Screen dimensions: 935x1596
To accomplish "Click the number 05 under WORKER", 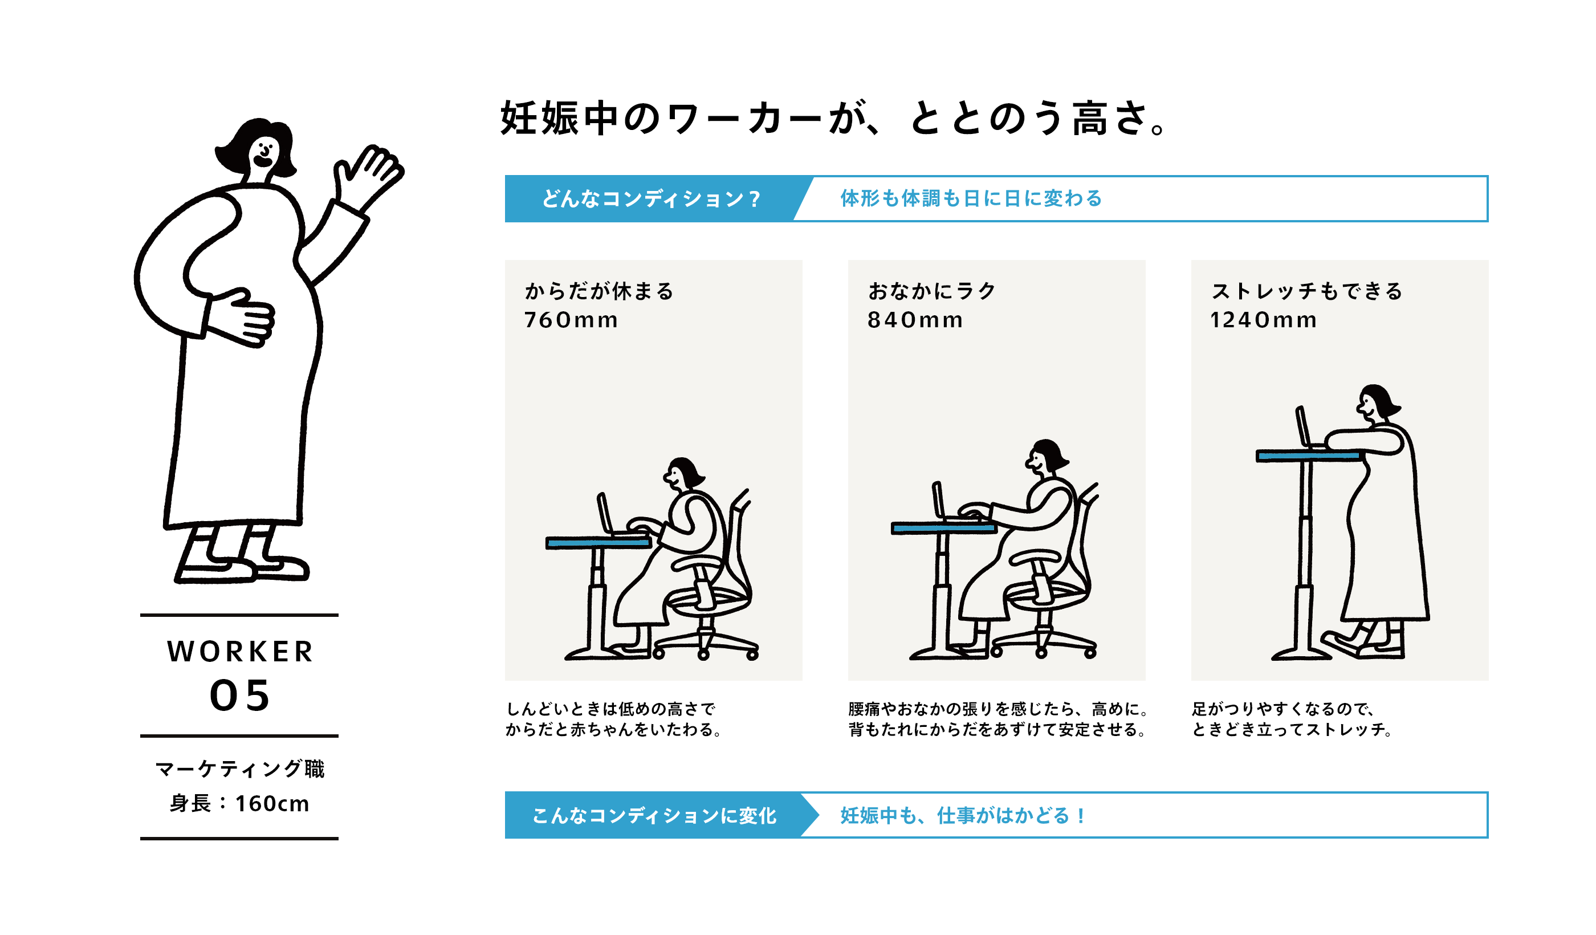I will click(239, 696).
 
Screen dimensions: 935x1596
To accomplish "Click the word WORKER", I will click(239, 652).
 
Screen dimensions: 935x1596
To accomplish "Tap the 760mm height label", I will click(571, 320).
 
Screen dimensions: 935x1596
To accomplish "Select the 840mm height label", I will click(914, 320).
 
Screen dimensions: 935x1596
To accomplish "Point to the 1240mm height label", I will click(1263, 320).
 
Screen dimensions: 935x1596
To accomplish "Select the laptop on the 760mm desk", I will click(605, 514).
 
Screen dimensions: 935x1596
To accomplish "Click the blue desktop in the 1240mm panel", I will click(1306, 456).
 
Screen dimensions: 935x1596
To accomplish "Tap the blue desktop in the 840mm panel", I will click(942, 528).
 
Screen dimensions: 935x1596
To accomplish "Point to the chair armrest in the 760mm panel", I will click(697, 562).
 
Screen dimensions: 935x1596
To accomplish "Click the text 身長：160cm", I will click(239, 803).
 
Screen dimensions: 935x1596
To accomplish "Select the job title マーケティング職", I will click(239, 769).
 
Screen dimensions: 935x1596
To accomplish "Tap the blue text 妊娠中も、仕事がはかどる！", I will click(963, 815).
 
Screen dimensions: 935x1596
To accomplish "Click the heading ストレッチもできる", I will click(1306, 291).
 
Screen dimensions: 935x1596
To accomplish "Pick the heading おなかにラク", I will click(931, 291).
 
